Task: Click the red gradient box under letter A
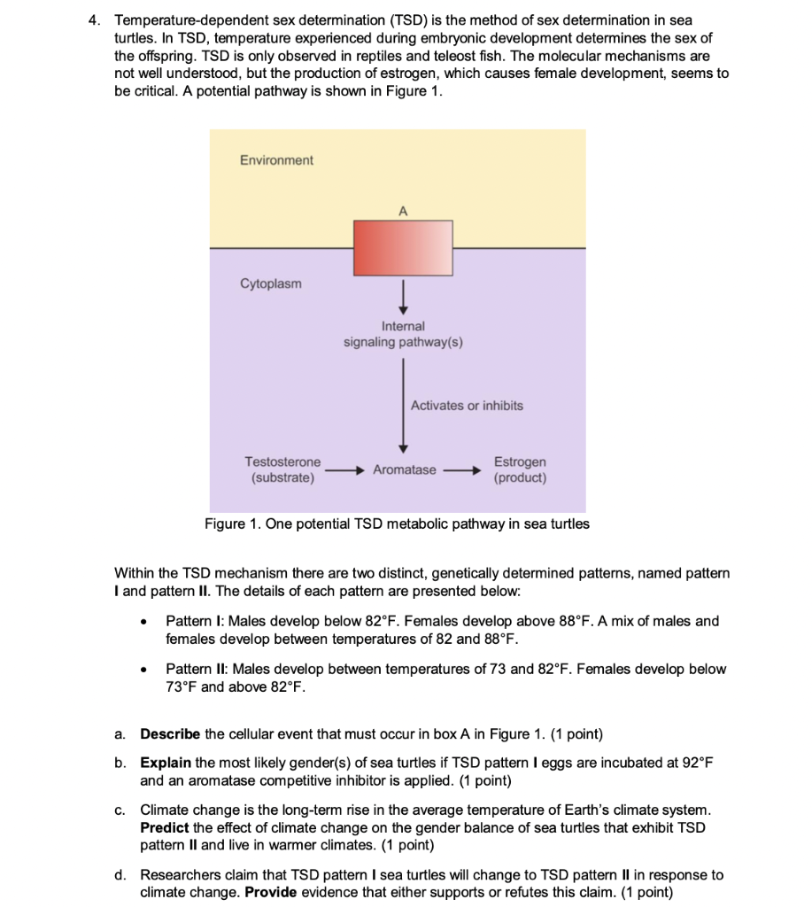(403, 248)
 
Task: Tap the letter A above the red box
(402, 211)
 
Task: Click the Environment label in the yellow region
(276, 159)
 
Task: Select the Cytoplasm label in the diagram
(270, 283)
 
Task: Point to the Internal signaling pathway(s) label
(403, 334)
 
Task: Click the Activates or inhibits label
(467, 406)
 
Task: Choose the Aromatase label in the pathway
(405, 469)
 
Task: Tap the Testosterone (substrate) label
(282, 469)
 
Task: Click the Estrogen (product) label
(520, 469)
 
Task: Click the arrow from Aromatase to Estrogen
(461, 470)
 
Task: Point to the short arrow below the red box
(403, 292)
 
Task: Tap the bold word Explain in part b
(166, 763)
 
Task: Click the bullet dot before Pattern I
(144, 622)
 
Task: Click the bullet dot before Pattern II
(144, 670)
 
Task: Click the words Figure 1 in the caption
(232, 523)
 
